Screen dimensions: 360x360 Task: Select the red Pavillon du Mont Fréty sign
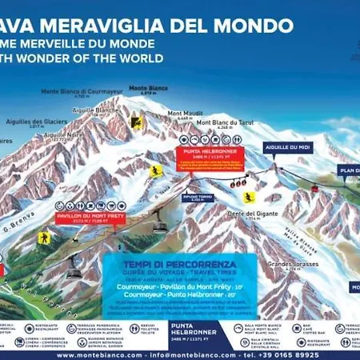[x=84, y=217]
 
